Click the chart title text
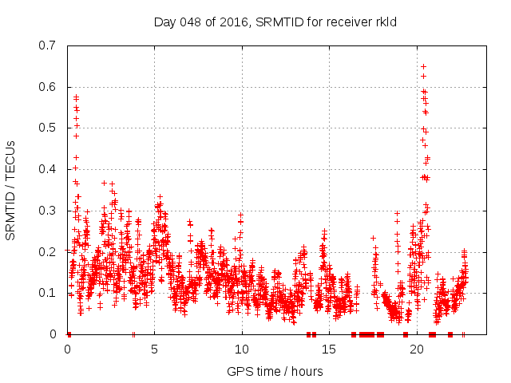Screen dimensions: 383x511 [275, 22]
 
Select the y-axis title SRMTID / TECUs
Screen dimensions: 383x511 [11, 190]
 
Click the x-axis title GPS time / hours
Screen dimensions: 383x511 [275, 371]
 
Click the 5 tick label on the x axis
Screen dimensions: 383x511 [155, 349]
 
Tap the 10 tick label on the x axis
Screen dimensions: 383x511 [242, 349]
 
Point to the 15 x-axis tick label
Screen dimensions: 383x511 [330, 349]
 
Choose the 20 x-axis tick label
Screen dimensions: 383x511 [417, 349]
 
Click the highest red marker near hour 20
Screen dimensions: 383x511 [423, 66]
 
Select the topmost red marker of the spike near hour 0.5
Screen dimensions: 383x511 [77, 97]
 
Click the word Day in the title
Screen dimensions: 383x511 [164, 22]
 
